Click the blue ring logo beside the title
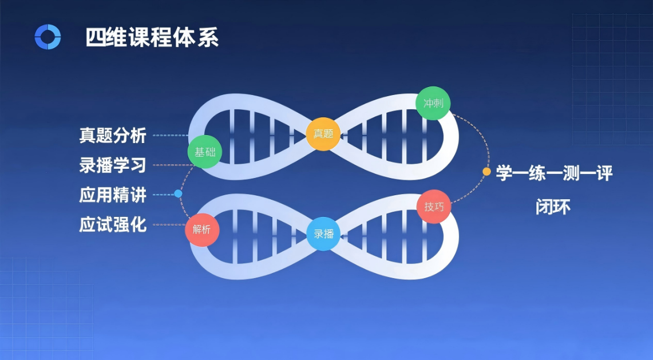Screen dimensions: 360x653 coord(48,37)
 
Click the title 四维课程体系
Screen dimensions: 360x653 coord(152,38)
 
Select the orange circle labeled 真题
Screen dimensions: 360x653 coord(323,134)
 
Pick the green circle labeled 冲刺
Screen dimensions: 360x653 coord(433,104)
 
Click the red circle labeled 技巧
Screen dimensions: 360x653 coord(434,206)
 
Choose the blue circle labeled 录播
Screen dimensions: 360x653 coord(323,234)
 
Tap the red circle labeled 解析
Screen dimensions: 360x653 coord(202,230)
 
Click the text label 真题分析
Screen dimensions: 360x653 coord(113,136)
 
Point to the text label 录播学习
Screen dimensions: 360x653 coord(113,166)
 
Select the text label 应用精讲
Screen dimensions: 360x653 coord(113,195)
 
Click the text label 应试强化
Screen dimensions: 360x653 coord(113,225)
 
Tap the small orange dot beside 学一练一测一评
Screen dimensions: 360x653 coord(486,171)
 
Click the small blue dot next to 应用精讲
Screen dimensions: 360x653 coord(178,194)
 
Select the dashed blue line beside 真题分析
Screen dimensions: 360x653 coord(170,136)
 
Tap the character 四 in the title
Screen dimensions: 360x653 coord(96,38)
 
